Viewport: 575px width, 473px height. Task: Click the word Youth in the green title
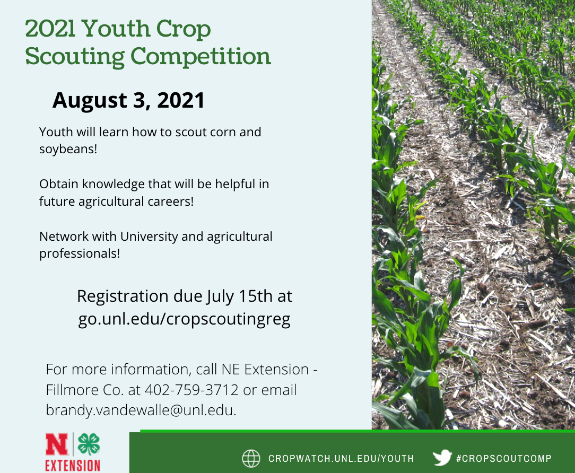(x=116, y=28)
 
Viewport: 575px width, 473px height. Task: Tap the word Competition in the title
(x=201, y=56)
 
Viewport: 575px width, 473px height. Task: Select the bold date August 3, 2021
(x=128, y=100)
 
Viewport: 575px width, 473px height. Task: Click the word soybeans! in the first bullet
(x=68, y=149)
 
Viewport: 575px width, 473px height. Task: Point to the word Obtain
(x=59, y=183)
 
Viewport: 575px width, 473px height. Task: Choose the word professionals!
(x=80, y=253)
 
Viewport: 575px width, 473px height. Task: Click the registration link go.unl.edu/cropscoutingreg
(x=184, y=319)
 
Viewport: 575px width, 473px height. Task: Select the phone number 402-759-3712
(x=191, y=390)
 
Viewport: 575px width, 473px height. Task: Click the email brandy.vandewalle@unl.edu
(x=141, y=410)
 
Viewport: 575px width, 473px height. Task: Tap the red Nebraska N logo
(x=56, y=444)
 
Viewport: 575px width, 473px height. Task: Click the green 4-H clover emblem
(x=89, y=444)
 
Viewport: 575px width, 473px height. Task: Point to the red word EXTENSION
(x=73, y=465)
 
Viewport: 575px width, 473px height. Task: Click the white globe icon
(x=251, y=458)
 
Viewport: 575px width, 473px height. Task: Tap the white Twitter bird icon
(x=442, y=458)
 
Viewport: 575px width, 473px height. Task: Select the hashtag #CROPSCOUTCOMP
(x=504, y=458)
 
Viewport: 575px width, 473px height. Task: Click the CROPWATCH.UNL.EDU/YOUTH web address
(x=341, y=459)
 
